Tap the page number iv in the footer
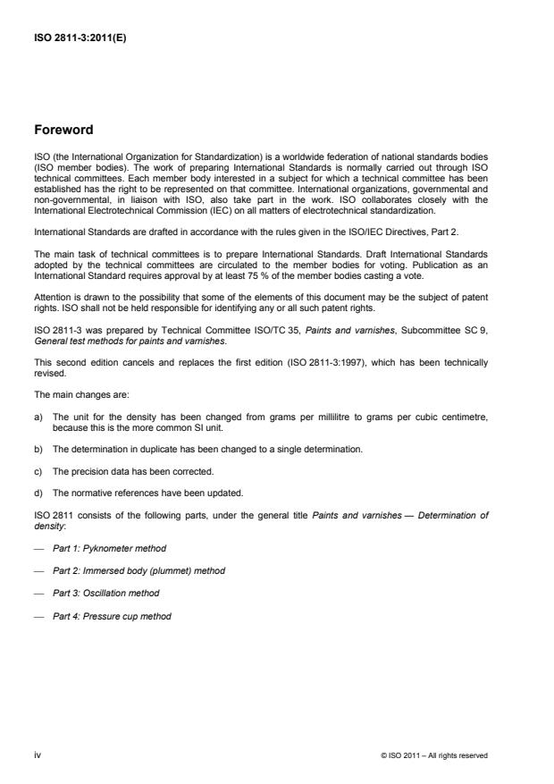(38, 754)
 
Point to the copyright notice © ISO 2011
(433, 755)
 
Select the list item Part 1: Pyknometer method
(109, 547)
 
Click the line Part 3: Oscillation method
(106, 594)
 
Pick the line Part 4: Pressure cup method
(112, 616)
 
